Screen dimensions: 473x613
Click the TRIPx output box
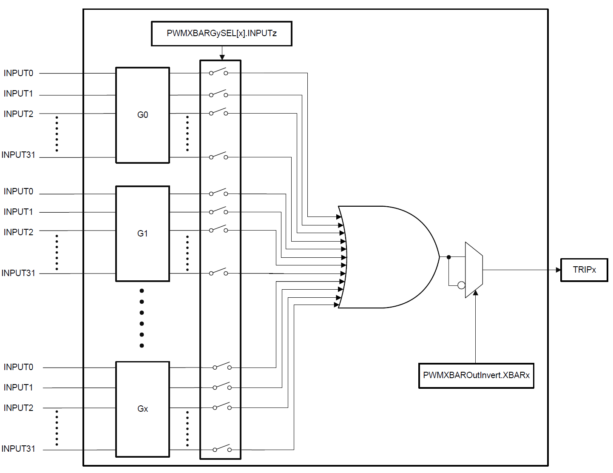click(584, 270)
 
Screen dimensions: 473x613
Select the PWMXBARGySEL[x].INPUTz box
click(221, 33)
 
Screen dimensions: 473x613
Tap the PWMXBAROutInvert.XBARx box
click(476, 375)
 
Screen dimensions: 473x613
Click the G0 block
click(142, 115)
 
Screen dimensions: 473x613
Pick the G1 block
click(142, 234)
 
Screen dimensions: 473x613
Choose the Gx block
click(142, 409)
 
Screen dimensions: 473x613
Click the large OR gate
click(387, 257)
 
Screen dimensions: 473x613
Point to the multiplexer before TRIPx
click(474, 270)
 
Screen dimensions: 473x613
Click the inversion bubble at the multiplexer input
click(461, 285)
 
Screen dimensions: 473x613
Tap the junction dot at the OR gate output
click(448, 257)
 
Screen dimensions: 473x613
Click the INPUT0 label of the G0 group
click(18, 73)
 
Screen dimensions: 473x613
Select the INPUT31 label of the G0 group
click(18, 155)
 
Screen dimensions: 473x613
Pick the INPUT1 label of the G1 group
click(18, 212)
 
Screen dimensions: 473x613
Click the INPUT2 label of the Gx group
click(18, 408)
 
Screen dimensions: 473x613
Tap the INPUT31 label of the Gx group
click(18, 449)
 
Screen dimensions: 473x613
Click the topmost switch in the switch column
click(219, 72)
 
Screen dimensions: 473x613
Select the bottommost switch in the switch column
click(222, 449)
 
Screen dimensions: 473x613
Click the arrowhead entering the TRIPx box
click(558, 270)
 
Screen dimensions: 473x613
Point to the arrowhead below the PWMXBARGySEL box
click(222, 57)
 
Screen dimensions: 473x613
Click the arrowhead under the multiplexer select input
click(475, 293)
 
